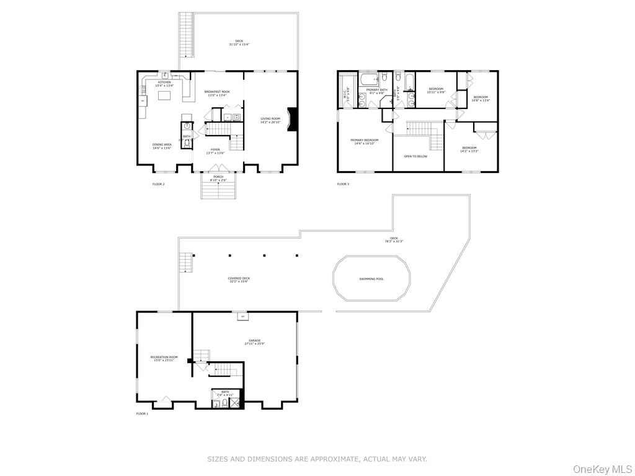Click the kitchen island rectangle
164,95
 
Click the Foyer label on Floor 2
215,149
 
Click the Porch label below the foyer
218,177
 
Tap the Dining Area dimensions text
162,148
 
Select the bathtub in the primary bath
370,79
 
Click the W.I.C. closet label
345,95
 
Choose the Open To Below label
415,156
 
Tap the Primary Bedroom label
364,140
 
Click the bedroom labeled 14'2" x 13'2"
469,149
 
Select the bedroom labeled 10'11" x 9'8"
436,90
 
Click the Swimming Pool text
371,279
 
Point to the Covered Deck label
239,278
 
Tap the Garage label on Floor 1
254,340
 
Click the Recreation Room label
164,357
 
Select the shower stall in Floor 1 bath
236,403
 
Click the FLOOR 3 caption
343,184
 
